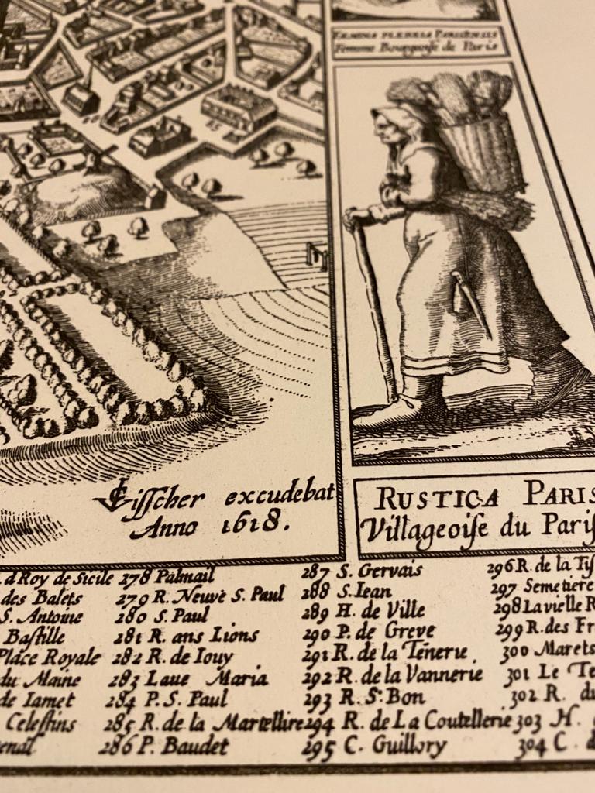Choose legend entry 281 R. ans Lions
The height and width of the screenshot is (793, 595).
tap(186, 636)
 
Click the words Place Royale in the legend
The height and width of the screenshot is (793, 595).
tap(51, 658)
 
